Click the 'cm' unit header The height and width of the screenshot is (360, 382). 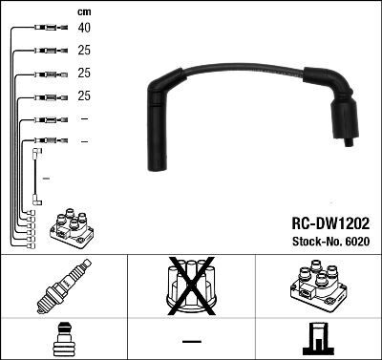tap(84, 11)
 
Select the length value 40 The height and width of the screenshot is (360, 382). tap(85, 28)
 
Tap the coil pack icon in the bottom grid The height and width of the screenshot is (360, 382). tap(317, 286)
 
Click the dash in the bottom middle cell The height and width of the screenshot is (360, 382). tap(191, 341)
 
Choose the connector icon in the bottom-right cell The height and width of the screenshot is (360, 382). tap(317, 339)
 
